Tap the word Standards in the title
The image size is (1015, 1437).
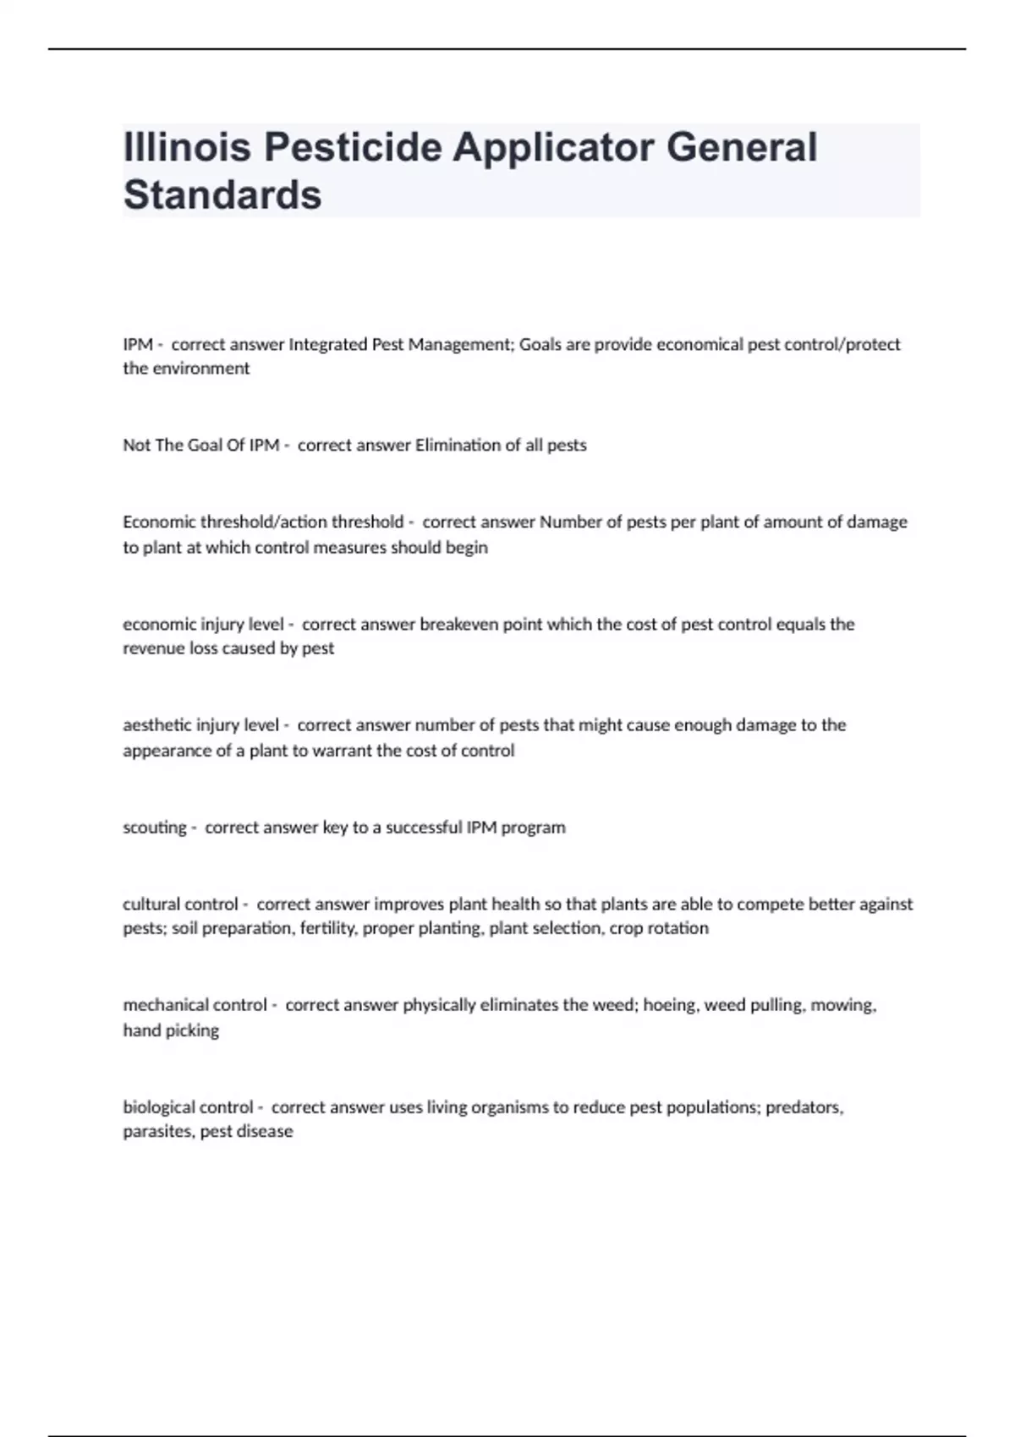pyautogui.click(x=222, y=194)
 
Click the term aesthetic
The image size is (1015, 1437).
pyautogui.click(x=156, y=725)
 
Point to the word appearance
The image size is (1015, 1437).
pyautogui.click(x=165, y=751)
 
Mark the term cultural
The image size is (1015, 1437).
pyautogui.click(x=151, y=904)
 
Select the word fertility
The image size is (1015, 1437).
pyautogui.click(x=328, y=928)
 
